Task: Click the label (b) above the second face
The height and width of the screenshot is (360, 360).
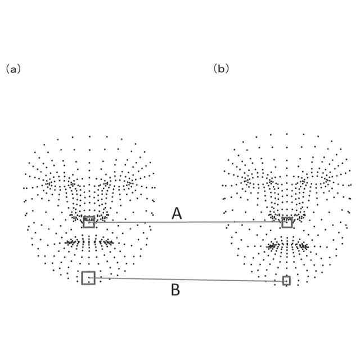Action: (x=221, y=69)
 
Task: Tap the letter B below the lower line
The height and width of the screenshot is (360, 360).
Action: (x=175, y=290)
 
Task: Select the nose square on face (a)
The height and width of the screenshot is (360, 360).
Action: (x=88, y=222)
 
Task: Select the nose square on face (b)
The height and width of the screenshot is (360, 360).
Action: (x=287, y=222)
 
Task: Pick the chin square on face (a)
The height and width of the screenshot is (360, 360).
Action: (x=88, y=277)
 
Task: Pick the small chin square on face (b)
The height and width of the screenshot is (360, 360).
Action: (x=286, y=280)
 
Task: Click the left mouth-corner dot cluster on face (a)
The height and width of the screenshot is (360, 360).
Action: (x=70, y=242)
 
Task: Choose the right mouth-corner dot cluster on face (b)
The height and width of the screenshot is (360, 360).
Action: (x=304, y=246)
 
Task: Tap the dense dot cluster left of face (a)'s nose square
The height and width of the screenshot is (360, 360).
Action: (x=75, y=216)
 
